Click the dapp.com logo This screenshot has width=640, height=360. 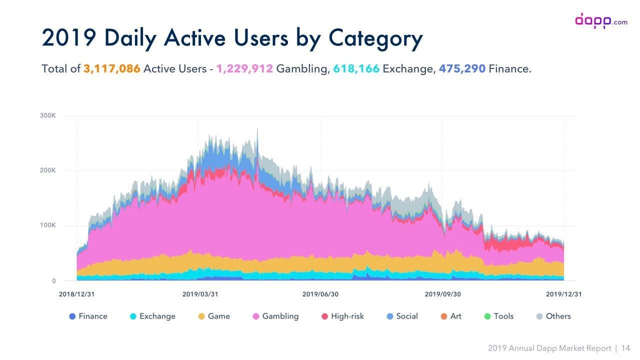pyautogui.click(x=600, y=21)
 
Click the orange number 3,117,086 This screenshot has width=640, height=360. pyautogui.click(x=111, y=68)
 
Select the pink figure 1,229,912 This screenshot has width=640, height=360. pyautogui.click(x=244, y=68)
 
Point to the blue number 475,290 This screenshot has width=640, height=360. pyautogui.click(x=462, y=68)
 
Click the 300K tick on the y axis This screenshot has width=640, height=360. pyautogui.click(x=48, y=115)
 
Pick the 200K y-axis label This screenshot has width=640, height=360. pyautogui.click(x=48, y=170)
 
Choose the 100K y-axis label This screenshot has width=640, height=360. pyautogui.click(x=48, y=225)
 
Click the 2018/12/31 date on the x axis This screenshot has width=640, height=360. pyautogui.click(x=76, y=294)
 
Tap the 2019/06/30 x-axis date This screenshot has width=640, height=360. pyautogui.click(x=320, y=294)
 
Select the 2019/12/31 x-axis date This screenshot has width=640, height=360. pyautogui.click(x=563, y=294)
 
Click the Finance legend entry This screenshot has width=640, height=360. pyautogui.click(x=88, y=316)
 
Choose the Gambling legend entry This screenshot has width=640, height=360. pyautogui.click(x=275, y=316)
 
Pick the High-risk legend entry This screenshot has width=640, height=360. pyautogui.click(x=342, y=316)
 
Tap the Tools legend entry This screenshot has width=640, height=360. pyautogui.click(x=499, y=316)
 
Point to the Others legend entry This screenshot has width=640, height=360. pyautogui.click(x=553, y=316)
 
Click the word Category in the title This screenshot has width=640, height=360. pyautogui.click(x=375, y=38)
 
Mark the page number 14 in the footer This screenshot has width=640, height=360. pyautogui.click(x=625, y=348)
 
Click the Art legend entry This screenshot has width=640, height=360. pyautogui.click(x=450, y=316)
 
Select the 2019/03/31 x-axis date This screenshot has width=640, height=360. pyautogui.click(x=200, y=294)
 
